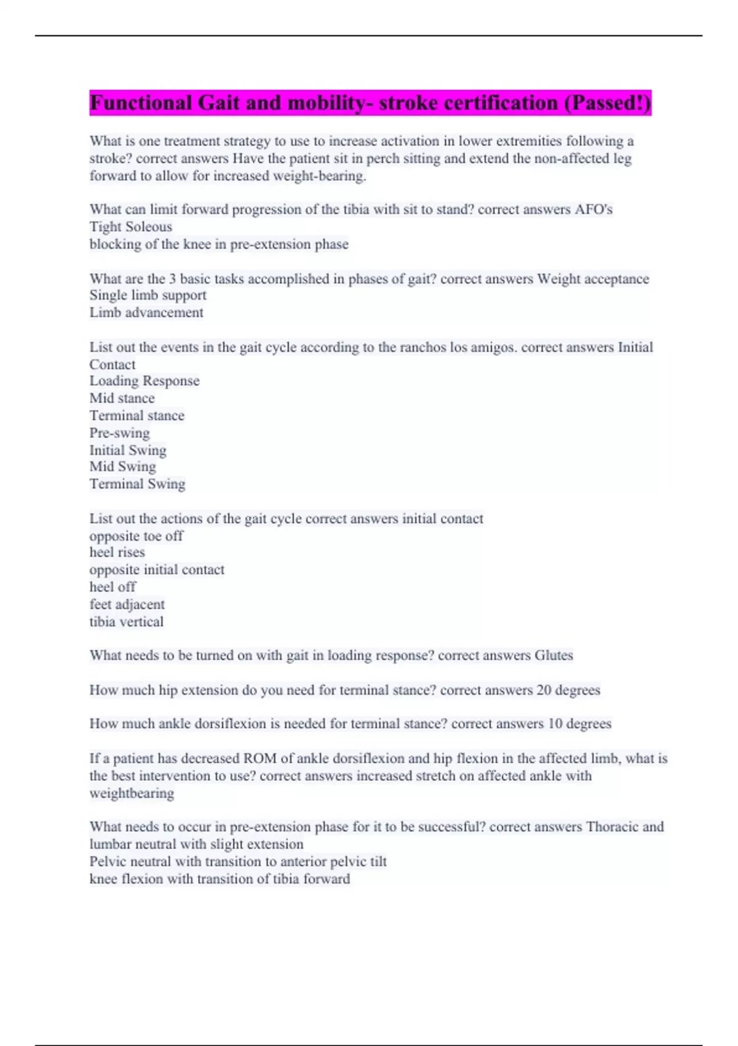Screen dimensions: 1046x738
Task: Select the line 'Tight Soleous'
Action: click(130, 227)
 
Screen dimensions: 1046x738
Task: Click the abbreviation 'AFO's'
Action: click(593, 210)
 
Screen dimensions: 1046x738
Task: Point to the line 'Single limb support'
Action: click(148, 295)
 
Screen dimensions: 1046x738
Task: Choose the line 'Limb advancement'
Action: click(146, 313)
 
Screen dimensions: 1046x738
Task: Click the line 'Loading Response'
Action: click(145, 381)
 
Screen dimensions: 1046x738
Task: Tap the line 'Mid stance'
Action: click(122, 398)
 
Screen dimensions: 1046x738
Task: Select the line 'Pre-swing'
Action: click(119, 433)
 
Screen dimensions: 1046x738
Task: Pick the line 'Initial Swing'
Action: click(128, 450)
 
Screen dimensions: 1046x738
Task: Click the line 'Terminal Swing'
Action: click(137, 484)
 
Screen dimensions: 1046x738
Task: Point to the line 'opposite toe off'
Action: click(136, 536)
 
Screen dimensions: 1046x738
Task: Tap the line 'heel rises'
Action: click(117, 553)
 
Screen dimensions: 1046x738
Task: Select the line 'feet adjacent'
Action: click(127, 604)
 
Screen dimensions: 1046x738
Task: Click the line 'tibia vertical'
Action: click(126, 621)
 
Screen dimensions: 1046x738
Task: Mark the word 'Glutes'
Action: click(553, 655)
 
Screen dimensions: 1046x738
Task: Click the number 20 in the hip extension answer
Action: click(544, 690)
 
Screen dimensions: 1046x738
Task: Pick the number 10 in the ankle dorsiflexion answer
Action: click(555, 724)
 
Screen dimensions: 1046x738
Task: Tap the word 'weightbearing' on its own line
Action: click(132, 793)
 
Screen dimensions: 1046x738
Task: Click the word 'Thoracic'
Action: click(612, 827)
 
